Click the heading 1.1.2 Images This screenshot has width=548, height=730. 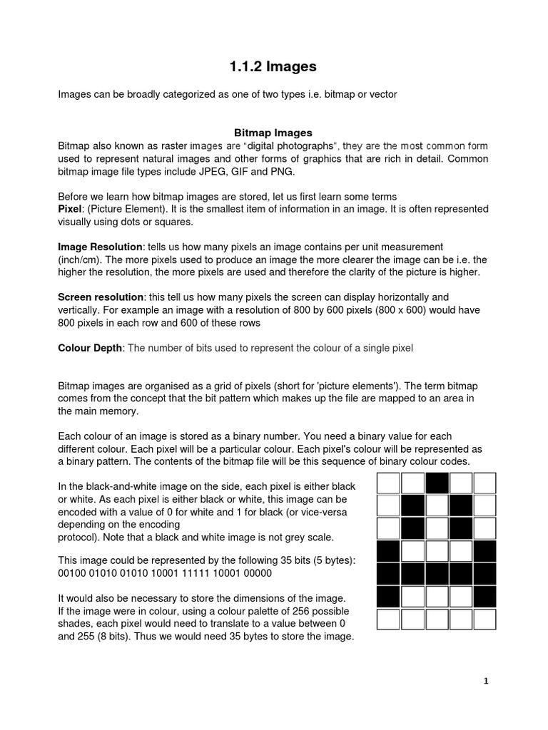tap(273, 67)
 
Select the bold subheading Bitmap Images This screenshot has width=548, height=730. tap(273, 133)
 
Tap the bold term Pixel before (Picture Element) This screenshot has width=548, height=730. tap(70, 209)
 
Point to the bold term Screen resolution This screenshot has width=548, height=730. tap(101, 297)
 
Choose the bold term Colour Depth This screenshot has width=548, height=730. tap(91, 348)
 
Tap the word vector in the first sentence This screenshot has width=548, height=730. tap(382, 94)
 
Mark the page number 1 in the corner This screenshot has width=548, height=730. tap(486, 682)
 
